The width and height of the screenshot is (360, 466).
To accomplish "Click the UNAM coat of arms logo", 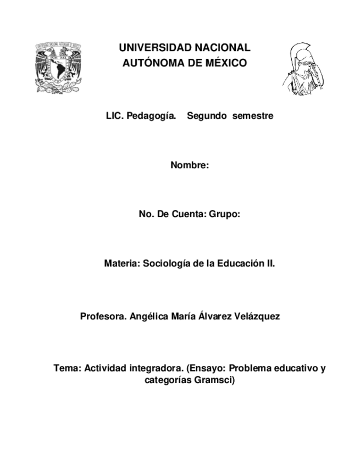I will [58, 67].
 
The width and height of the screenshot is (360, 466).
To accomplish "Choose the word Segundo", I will [207, 116].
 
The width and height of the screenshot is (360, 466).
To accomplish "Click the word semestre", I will [252, 116].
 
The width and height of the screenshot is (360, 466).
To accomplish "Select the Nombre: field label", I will [190, 165].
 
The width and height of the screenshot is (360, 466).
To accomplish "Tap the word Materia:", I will [122, 264].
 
